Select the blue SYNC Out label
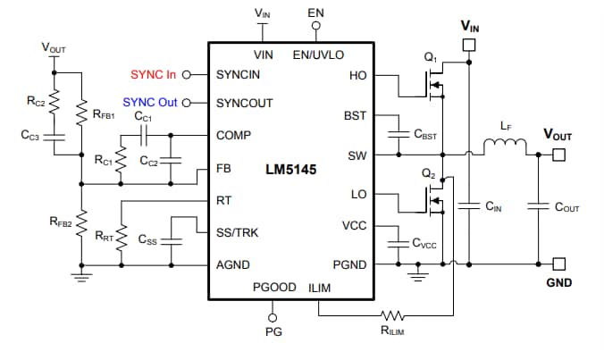pos(151,103)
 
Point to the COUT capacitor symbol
pos(539,206)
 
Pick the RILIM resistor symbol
pos(392,314)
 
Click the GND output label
pos(559,283)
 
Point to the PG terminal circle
pos(273,316)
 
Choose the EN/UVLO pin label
pos(318,54)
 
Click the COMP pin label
pos(233,135)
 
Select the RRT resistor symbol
pos(122,237)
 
